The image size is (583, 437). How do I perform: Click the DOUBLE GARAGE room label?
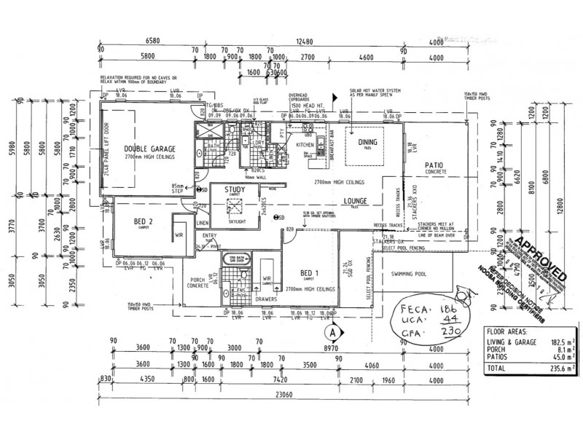coord(146,149)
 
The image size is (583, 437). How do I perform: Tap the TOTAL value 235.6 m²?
coord(547,369)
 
